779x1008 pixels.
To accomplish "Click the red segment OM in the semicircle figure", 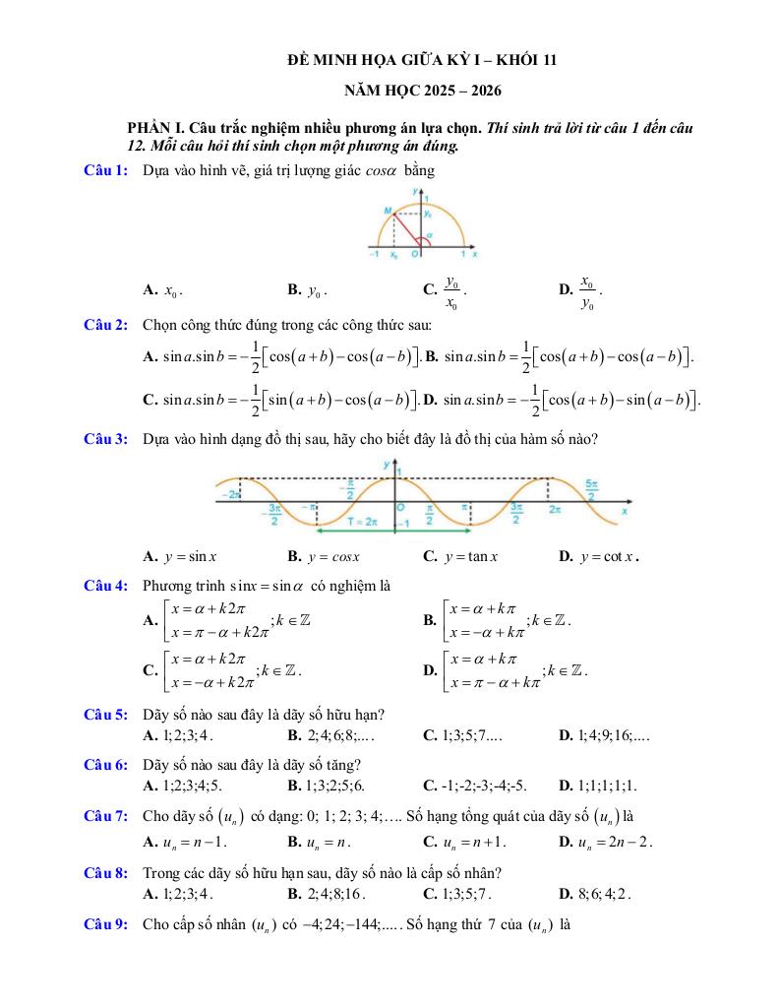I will (x=405, y=227).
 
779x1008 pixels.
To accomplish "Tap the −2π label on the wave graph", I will (x=231, y=494).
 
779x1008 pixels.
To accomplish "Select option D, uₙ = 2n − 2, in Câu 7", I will (x=606, y=843).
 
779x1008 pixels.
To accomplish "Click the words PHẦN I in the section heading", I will (x=156, y=129).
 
